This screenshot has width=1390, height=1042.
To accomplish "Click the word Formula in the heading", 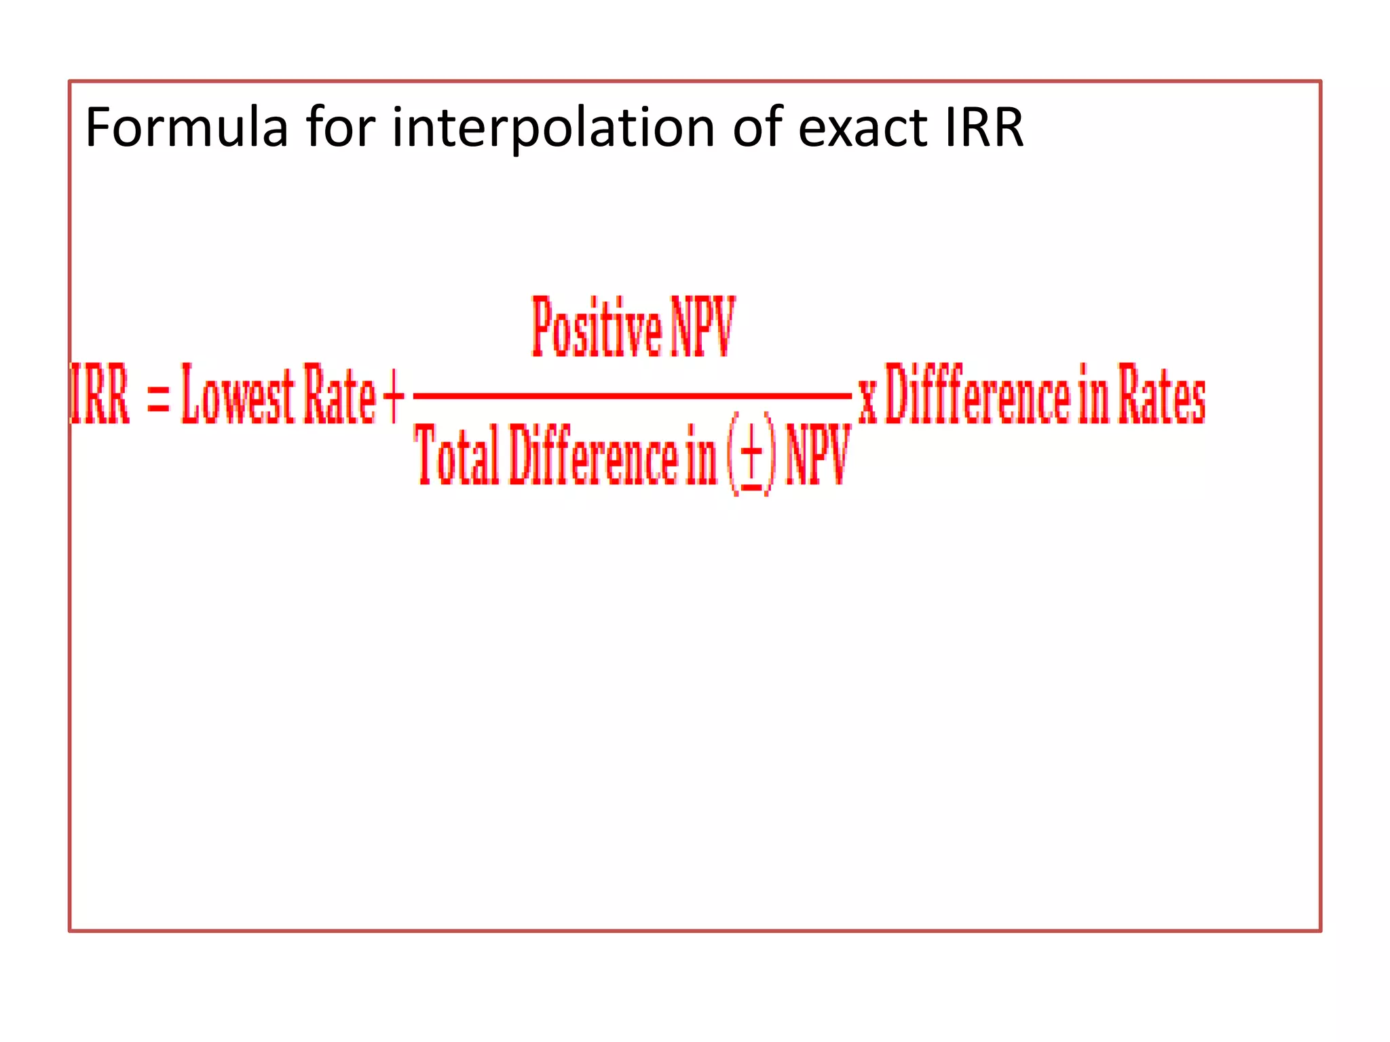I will pos(186,128).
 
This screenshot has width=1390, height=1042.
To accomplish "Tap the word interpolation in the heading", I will pos(553,129).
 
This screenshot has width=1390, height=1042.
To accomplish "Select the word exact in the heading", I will pos(862,129).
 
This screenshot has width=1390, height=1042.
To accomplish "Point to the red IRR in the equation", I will pos(100,395).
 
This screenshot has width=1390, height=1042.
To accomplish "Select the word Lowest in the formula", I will pos(238,395).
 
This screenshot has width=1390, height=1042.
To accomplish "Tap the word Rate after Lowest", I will pos(339,395).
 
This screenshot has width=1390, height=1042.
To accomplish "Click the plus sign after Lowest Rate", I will pos(394,396).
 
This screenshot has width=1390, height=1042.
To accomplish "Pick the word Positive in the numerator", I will pos(596,328).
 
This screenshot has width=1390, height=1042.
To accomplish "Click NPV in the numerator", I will pos(702,327).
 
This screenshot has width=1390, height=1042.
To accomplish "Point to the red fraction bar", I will pos(631,395).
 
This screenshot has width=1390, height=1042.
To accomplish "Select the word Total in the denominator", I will pos(456,455).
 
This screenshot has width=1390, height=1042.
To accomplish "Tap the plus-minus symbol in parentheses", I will pos(751,455).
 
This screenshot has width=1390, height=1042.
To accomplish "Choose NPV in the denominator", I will pos(818,455).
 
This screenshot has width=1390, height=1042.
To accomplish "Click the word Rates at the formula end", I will pos(1161,395).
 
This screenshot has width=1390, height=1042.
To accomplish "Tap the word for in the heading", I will pos(340,128).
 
